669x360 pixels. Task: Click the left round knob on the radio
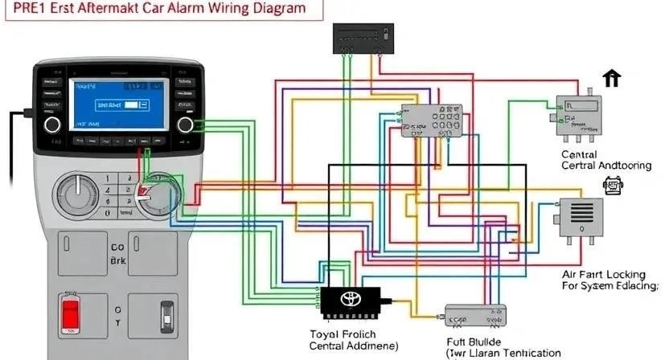click(x=52, y=124)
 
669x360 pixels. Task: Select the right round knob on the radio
click(x=187, y=124)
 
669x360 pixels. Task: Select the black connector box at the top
click(x=363, y=38)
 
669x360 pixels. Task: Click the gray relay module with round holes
click(x=432, y=121)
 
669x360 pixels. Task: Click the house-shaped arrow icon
click(x=613, y=78)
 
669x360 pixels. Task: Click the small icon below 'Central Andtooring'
click(x=612, y=186)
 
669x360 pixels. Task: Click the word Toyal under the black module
click(x=326, y=333)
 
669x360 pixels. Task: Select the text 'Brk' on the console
click(x=119, y=262)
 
